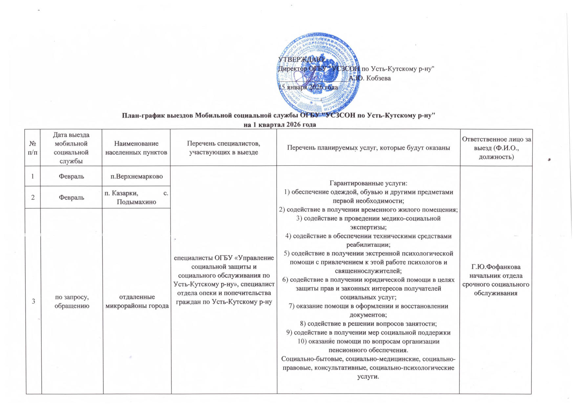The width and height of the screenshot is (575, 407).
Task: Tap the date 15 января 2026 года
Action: [308, 87]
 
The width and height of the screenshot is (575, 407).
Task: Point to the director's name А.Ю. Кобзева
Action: [370, 78]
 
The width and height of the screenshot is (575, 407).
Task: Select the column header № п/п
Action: [33, 148]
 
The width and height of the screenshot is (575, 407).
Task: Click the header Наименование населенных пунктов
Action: [136, 148]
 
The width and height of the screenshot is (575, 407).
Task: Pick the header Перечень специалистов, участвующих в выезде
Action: [224, 148]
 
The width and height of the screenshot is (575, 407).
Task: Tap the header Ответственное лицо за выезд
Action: [496, 148]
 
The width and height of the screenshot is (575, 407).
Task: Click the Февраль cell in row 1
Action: [71, 176]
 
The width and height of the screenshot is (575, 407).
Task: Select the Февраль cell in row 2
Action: [71, 197]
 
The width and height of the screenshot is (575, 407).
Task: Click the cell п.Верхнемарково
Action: [137, 176]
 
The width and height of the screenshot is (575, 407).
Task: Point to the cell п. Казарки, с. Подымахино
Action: [137, 197]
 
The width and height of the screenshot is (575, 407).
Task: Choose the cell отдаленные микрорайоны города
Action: [137, 301]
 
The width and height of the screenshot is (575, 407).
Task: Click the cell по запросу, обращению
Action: [72, 301]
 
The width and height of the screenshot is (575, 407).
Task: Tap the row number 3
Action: [33, 301]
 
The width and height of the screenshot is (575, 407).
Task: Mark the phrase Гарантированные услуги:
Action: [368, 183]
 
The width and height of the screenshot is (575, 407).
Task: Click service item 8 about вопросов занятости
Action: [368, 324]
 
